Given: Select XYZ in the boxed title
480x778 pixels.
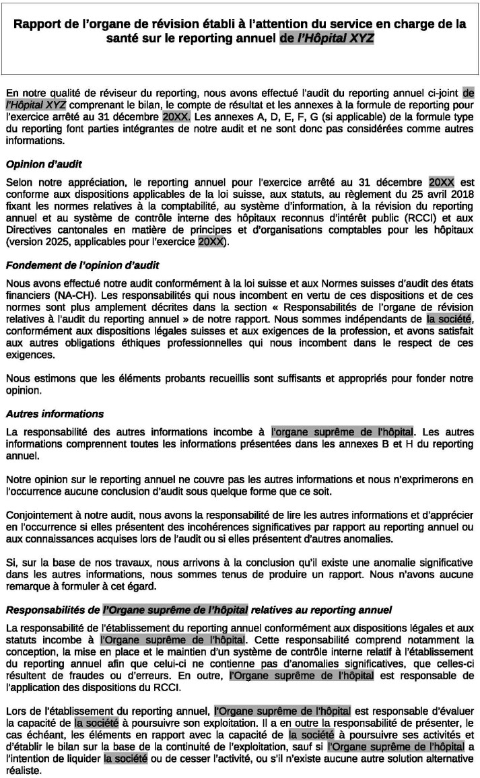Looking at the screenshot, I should pyautogui.click(x=357, y=38).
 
